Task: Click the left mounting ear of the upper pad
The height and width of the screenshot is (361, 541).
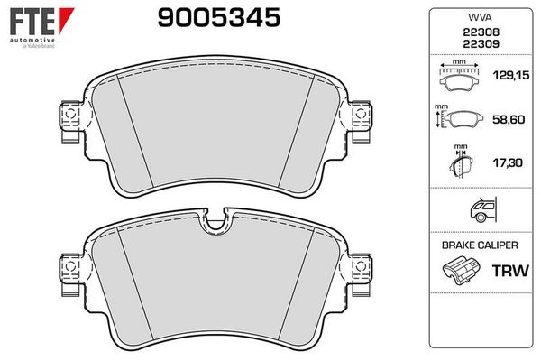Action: [x=67, y=122]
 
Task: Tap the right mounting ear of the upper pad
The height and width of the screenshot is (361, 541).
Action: [x=361, y=122]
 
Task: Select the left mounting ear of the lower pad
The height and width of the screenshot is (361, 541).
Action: [x=67, y=270]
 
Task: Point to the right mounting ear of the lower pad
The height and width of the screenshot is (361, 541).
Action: [x=361, y=270]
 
